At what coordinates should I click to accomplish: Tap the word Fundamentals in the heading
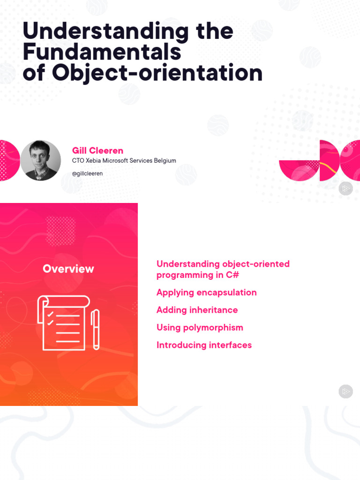point(102,52)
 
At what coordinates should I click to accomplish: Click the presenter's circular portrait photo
point(40,160)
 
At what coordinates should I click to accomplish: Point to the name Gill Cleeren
point(97,150)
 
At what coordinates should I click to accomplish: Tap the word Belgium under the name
point(164,161)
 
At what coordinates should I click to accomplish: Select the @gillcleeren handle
point(87,173)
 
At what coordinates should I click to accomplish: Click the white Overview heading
point(68,269)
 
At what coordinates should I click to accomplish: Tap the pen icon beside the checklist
point(96,329)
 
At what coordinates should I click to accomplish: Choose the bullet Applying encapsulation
point(206,292)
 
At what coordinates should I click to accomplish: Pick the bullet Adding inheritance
point(197,310)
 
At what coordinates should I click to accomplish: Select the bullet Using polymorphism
point(200,328)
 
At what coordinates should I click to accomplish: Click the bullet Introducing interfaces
point(204,345)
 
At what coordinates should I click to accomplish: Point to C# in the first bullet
point(232,275)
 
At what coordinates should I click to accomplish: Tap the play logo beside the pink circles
point(345,188)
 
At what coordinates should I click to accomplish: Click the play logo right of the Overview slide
point(345,391)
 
